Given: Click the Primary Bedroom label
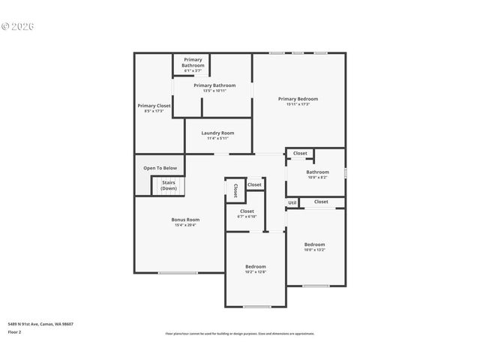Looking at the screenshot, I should click(298, 99).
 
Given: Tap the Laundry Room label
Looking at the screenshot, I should click(217, 133).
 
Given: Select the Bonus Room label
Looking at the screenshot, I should click(185, 220).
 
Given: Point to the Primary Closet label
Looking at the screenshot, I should click(154, 106).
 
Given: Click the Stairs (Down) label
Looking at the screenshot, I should click(169, 185).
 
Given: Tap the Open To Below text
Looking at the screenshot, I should click(160, 168).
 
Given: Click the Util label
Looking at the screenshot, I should click(292, 202).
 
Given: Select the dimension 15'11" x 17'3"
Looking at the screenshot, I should click(298, 104).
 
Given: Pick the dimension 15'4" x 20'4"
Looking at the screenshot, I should click(185, 225).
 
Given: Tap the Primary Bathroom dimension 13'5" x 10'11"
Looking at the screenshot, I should click(214, 91).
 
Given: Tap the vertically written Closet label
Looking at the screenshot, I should click(235, 190).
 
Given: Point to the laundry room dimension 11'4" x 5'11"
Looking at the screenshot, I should click(217, 138).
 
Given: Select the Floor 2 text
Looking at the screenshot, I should click(15, 331).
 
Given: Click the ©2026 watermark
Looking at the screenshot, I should click(19, 26).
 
